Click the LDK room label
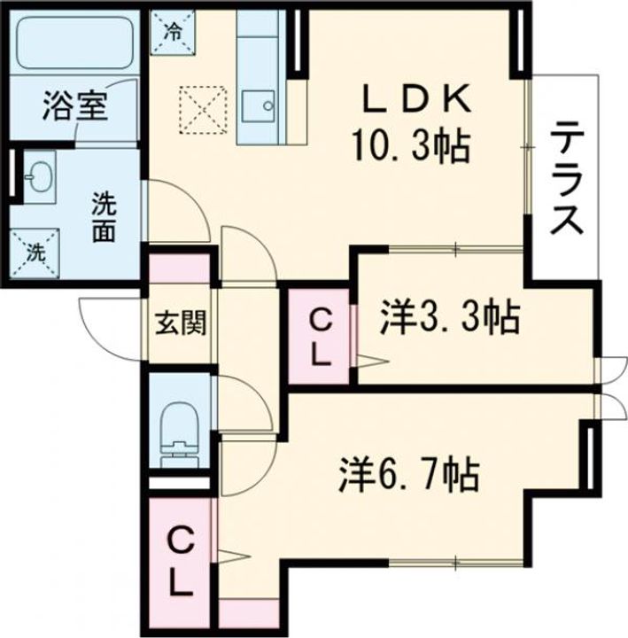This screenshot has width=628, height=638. (x=420, y=99)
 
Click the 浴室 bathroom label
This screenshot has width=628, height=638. (x=74, y=106)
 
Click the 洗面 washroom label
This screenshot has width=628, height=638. (x=105, y=216)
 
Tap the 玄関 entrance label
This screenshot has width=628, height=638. (x=181, y=323)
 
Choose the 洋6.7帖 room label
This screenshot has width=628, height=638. (x=408, y=475)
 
